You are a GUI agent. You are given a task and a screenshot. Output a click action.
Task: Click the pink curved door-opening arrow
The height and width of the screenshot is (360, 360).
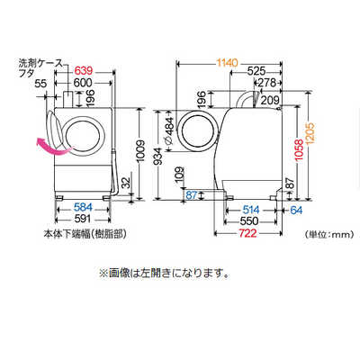(x=49, y=147)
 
